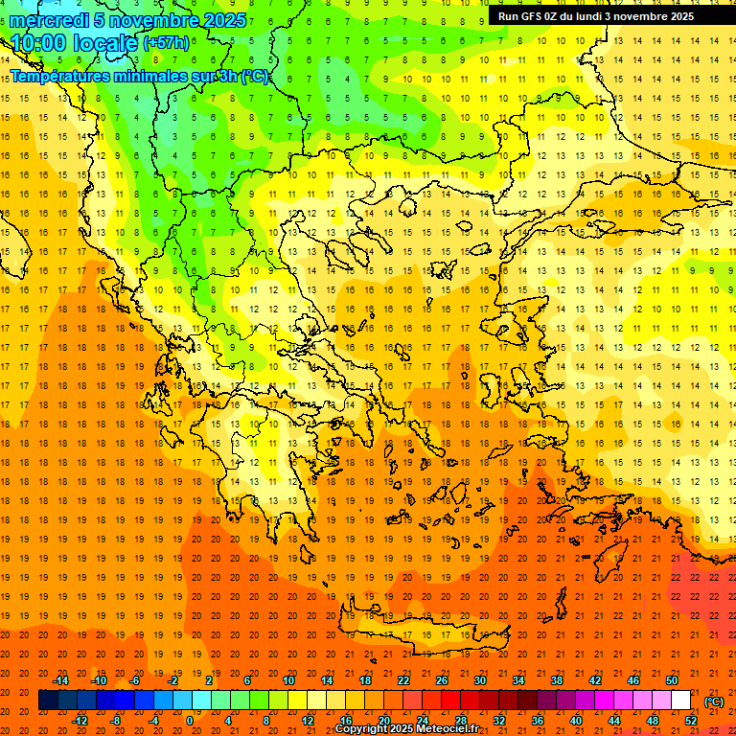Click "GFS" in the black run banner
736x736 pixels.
533,16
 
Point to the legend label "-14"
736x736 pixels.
60,680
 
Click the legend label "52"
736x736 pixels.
691,721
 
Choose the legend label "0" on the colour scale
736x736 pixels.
189,721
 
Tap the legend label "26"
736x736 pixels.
442,680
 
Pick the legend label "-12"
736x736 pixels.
80,721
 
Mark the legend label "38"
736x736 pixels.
557,680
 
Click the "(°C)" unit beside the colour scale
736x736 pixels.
714,701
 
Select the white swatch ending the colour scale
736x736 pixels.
680,701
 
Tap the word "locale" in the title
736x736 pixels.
104,43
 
